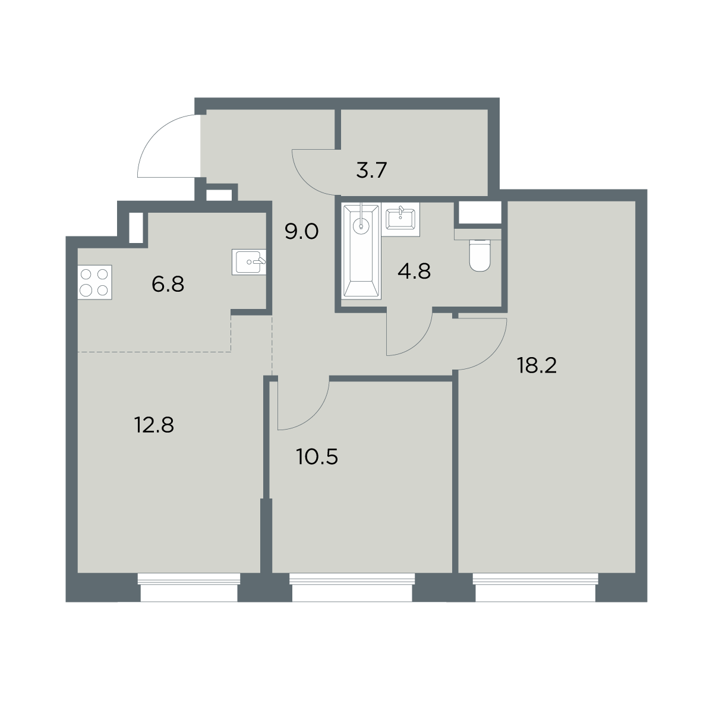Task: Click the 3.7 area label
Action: point(371,171)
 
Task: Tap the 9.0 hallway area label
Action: point(302,232)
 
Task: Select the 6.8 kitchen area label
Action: point(168,285)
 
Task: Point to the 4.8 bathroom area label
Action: point(414,271)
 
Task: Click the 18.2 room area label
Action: point(537,365)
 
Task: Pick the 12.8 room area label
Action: point(154,425)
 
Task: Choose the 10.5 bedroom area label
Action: point(317,457)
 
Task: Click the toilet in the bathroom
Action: point(479,255)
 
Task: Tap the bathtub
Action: point(362,251)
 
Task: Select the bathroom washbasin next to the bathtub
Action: point(400,219)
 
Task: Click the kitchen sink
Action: point(249,261)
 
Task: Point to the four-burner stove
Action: point(94,282)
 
